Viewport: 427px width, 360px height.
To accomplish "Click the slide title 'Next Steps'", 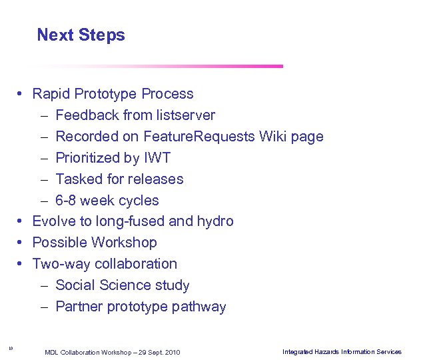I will [81, 35].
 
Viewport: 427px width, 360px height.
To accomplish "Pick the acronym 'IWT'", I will [157, 158].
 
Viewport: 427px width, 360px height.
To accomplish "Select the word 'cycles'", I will [138, 201].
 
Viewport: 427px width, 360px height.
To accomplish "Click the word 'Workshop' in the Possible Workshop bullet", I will [124, 243].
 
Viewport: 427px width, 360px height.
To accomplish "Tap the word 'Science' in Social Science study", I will [130, 285].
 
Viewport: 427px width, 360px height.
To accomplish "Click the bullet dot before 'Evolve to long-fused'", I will [21, 221].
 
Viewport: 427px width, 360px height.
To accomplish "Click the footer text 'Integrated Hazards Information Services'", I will [342, 351].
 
